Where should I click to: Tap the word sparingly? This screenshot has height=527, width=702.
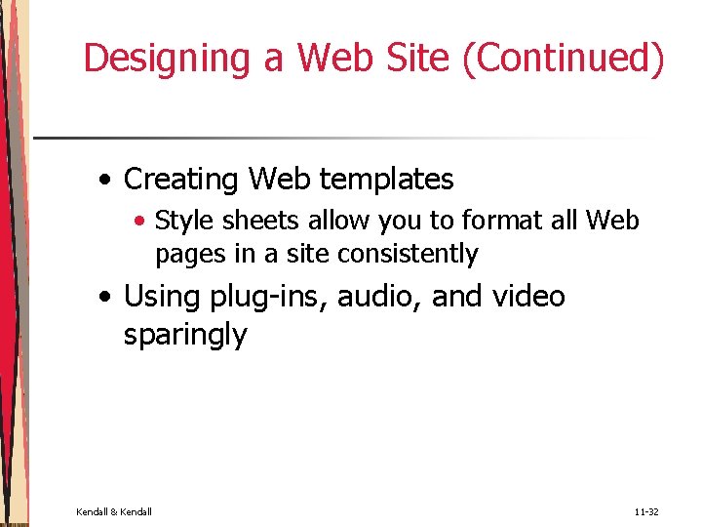[x=185, y=336]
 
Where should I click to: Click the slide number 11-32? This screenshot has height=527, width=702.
[x=646, y=510]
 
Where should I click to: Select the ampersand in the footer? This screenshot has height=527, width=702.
[x=114, y=510]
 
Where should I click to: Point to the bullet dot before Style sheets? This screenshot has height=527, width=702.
[x=141, y=222]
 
